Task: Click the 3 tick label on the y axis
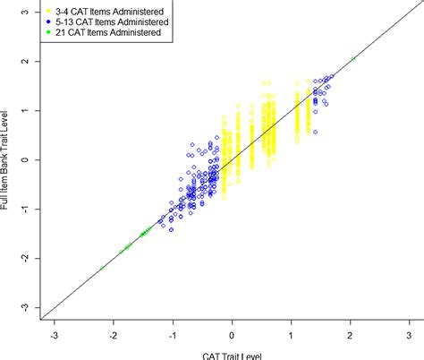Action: click(x=26, y=12)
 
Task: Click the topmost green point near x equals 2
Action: click(x=354, y=58)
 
